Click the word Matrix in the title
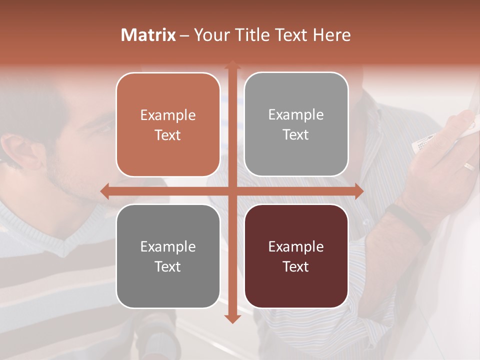(148, 35)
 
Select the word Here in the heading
(332, 35)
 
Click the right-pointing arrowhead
(358, 191)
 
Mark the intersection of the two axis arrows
(232, 191)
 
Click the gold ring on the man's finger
(469, 166)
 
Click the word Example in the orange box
(168, 115)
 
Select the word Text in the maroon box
(296, 266)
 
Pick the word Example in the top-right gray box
(296, 115)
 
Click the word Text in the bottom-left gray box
(168, 266)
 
